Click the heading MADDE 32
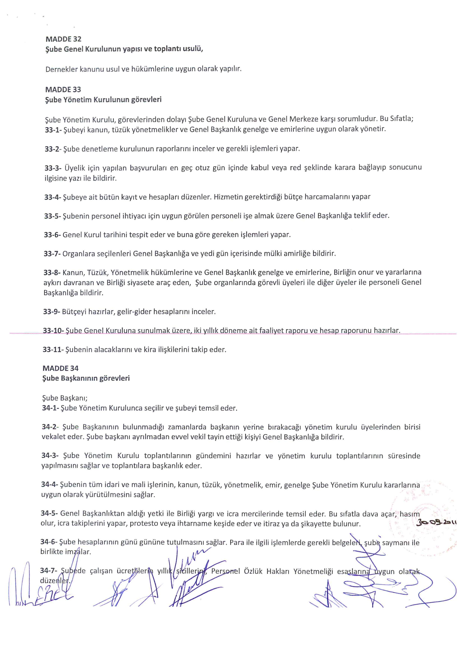[x=63, y=39]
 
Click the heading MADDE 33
[x=63, y=90]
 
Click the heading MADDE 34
[x=61, y=368]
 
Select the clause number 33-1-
[x=53, y=129]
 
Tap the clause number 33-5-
[x=52, y=216]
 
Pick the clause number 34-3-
[x=50, y=456]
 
